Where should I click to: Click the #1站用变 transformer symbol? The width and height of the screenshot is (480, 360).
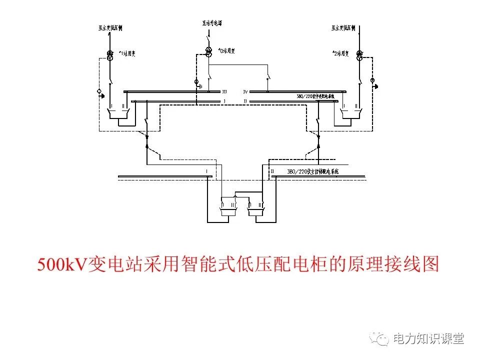(x=109, y=54)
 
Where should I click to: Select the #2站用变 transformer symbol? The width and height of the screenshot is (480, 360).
(x=358, y=55)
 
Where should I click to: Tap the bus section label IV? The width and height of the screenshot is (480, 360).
(x=245, y=92)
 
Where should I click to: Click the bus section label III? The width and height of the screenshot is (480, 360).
(x=224, y=92)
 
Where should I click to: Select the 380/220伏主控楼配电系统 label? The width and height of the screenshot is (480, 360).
(x=312, y=171)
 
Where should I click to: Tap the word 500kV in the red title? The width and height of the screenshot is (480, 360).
(x=62, y=264)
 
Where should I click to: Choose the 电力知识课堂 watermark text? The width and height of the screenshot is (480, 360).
(x=428, y=338)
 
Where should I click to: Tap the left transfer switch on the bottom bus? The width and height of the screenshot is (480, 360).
(x=228, y=206)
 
